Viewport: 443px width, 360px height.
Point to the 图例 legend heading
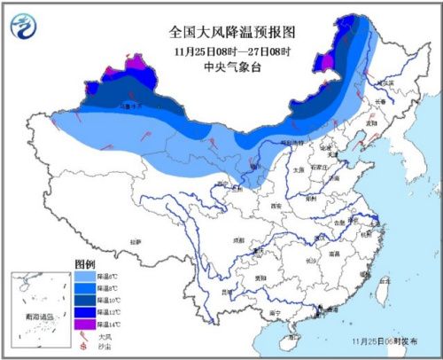click(x=84, y=265)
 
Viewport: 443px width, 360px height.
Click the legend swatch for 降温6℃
click(x=83, y=278)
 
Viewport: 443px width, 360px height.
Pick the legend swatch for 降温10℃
click(x=83, y=301)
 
